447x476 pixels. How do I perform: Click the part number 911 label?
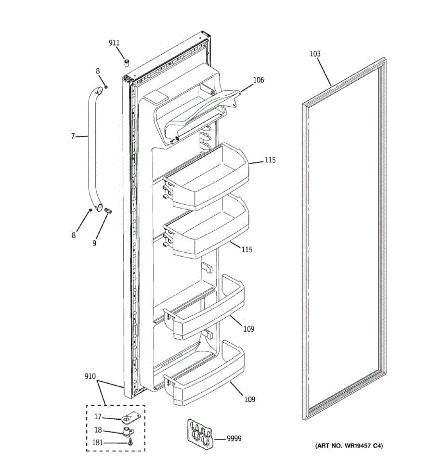(x=114, y=43)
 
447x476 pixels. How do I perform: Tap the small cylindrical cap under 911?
(x=127, y=62)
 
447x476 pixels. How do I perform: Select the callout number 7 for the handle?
(x=73, y=136)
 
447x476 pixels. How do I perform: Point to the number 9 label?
(x=95, y=243)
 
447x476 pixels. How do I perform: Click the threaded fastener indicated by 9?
(x=108, y=211)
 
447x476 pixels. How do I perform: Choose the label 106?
(x=258, y=80)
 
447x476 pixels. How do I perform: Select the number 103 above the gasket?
(x=315, y=54)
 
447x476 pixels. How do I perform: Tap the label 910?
(x=90, y=376)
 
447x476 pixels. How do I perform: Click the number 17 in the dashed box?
(x=98, y=416)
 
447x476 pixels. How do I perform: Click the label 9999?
(x=234, y=438)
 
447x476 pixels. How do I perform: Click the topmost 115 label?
(x=270, y=160)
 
